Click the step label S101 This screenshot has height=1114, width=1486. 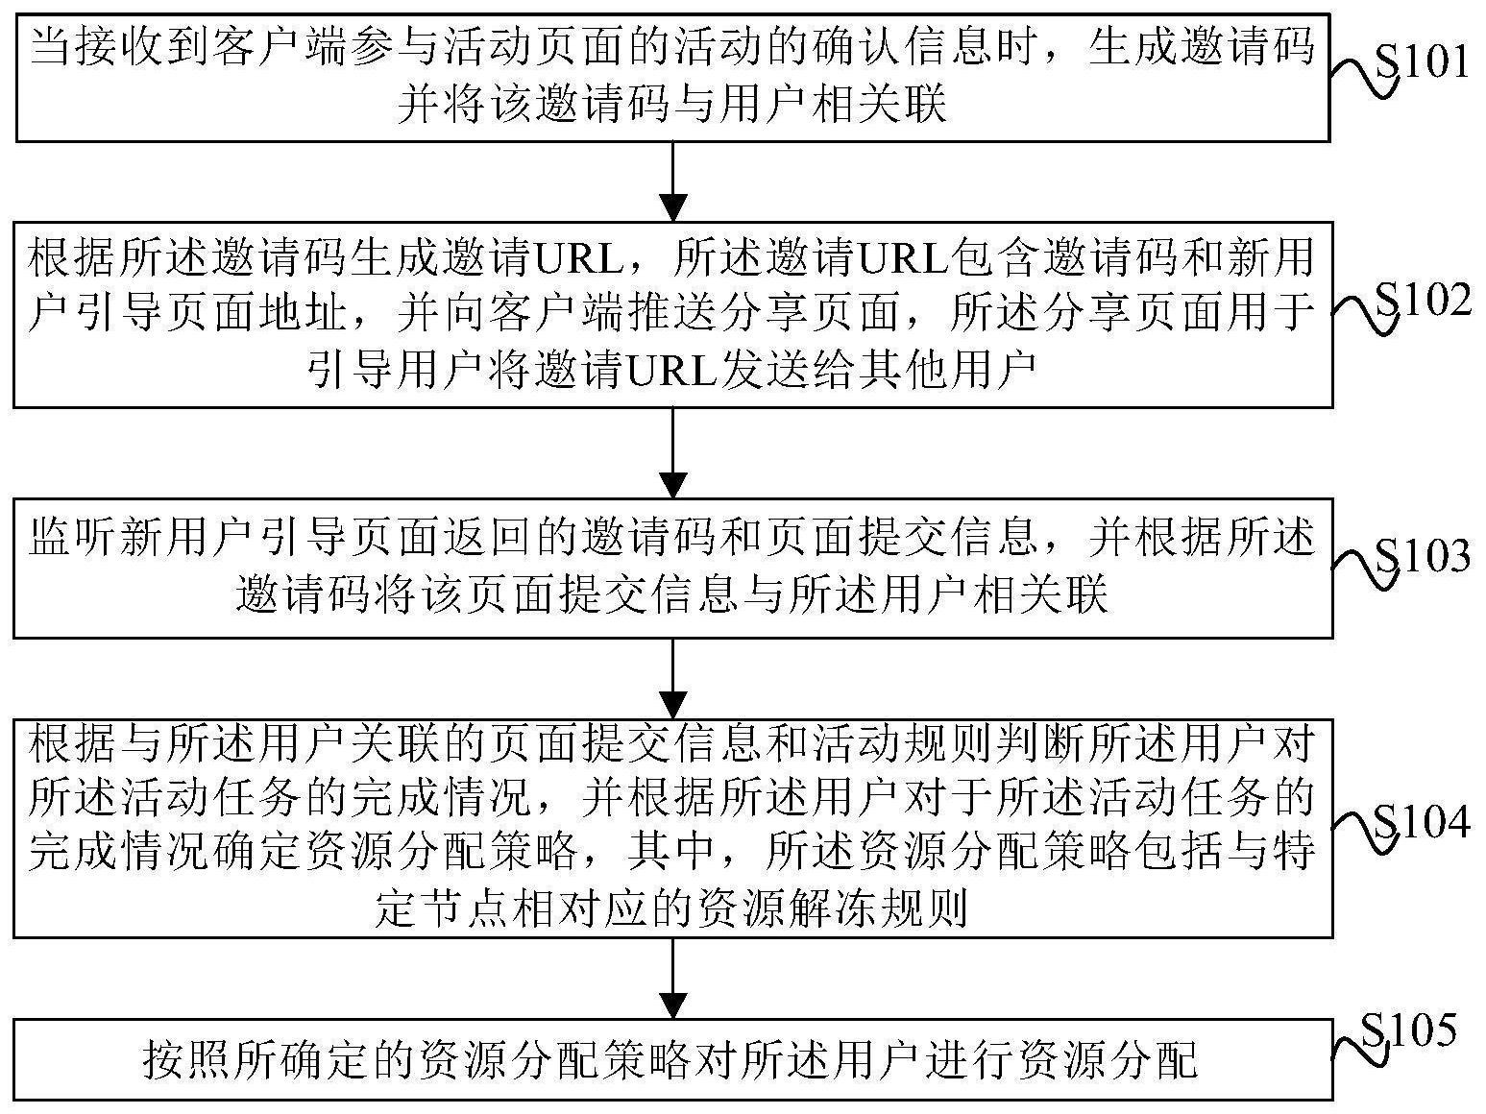click(x=1423, y=62)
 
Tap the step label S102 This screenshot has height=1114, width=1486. click(x=1424, y=299)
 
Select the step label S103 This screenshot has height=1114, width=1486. click(x=1423, y=557)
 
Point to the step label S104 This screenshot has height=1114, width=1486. click(x=1423, y=822)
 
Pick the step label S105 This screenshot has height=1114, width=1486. click(x=1408, y=1031)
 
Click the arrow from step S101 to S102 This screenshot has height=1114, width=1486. click(x=673, y=182)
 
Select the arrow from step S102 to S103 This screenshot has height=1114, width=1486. click(x=673, y=452)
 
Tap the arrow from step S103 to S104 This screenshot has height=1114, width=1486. click(x=673, y=678)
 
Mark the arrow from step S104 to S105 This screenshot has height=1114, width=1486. click(x=673, y=979)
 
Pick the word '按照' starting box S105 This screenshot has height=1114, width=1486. click(x=187, y=1060)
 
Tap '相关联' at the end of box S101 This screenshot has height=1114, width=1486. click(x=879, y=105)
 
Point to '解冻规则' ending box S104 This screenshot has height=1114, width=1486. click(x=877, y=907)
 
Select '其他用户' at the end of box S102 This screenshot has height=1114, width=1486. click(x=948, y=370)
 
